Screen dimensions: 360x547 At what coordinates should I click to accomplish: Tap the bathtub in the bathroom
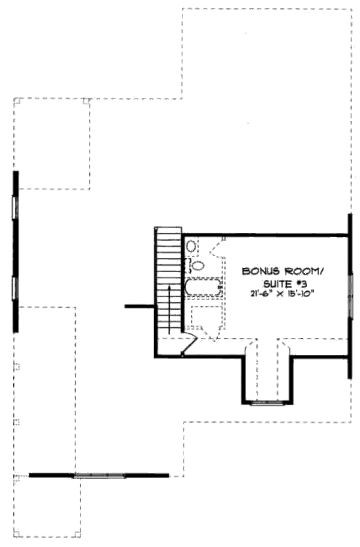[203, 287]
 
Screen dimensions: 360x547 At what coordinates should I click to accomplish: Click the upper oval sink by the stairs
[191, 247]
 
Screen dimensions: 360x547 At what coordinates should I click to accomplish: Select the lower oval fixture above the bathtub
[197, 266]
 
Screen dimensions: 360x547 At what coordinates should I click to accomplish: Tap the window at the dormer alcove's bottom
[267, 403]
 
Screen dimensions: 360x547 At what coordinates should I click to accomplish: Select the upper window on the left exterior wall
[15, 208]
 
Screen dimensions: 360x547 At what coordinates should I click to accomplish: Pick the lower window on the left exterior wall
[15, 288]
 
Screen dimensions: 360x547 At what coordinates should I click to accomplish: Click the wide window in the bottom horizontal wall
[100, 475]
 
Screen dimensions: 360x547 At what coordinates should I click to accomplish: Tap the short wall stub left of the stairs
[140, 307]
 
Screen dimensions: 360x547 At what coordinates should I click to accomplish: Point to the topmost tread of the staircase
[169, 231]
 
